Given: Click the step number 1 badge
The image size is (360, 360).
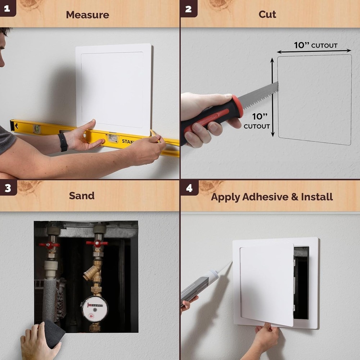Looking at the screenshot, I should pos(7,8).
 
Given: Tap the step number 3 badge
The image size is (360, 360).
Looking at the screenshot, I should pos(8,188).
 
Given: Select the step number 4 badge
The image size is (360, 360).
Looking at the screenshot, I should pos(189,188).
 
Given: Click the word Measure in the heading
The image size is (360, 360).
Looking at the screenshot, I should pos(87,15).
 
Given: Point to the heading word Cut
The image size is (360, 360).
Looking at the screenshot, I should pos(267,14).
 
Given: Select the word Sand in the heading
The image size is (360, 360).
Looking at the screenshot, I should pos(82,195).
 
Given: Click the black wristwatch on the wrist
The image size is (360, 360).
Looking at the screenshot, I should pos(63,142).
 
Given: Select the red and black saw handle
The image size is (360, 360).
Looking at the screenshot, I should pos(212,117).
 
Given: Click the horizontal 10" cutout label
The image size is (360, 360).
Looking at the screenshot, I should pos(315,45).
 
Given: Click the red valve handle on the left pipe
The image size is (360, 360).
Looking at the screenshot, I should pos(49,245).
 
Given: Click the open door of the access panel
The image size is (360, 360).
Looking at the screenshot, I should pos(267,284).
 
